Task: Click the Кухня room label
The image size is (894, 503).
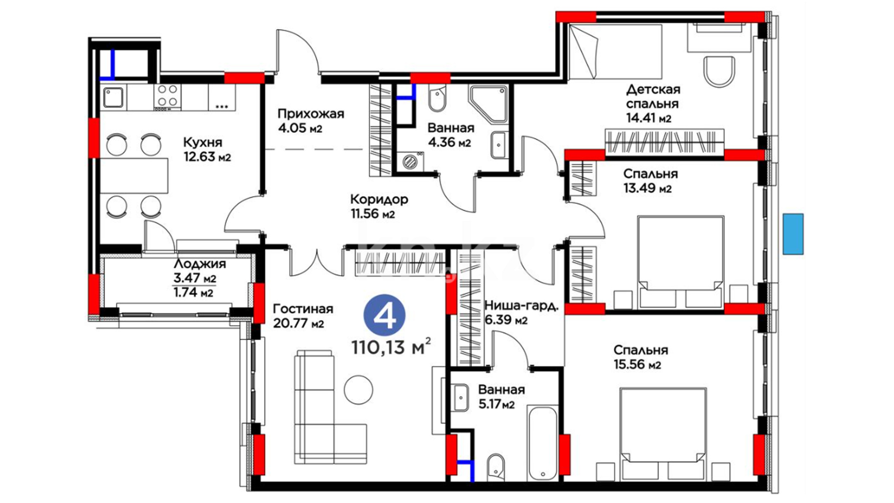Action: [x=203, y=142]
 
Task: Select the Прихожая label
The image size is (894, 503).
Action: [x=311, y=114]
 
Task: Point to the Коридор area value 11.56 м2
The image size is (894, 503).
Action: [x=372, y=214]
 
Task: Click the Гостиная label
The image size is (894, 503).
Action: [x=303, y=309]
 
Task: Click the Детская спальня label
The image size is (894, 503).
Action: [x=653, y=96]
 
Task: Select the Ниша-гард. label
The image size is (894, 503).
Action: [x=521, y=306]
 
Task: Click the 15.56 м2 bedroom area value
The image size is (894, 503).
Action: [x=637, y=365]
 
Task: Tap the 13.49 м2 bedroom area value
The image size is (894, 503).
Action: [x=647, y=189]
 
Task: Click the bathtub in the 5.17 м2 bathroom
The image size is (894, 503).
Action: [x=542, y=443]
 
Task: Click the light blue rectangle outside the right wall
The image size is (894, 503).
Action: [x=793, y=234]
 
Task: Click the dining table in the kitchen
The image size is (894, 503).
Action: [x=134, y=176]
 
